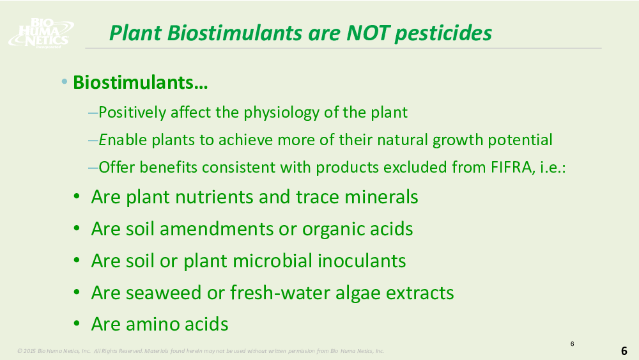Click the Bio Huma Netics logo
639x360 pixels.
pos(41,33)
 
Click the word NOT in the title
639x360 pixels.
pos(369,33)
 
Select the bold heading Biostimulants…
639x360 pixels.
pos(140,82)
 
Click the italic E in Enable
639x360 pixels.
pos(102,140)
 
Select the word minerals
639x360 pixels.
pos(381,197)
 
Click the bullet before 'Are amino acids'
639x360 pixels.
pos(77,324)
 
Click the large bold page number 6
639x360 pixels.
pos(624,350)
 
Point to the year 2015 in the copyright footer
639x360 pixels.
pos(29,350)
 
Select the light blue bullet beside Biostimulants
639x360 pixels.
pos(65,82)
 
